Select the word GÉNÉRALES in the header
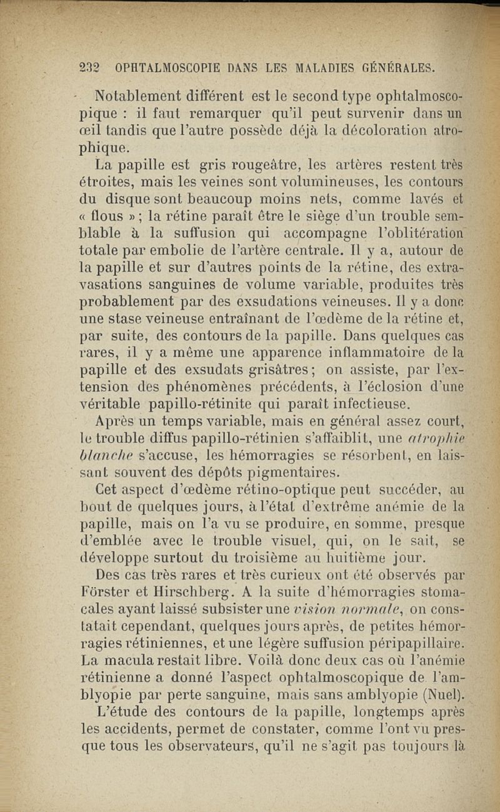(x=392, y=67)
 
